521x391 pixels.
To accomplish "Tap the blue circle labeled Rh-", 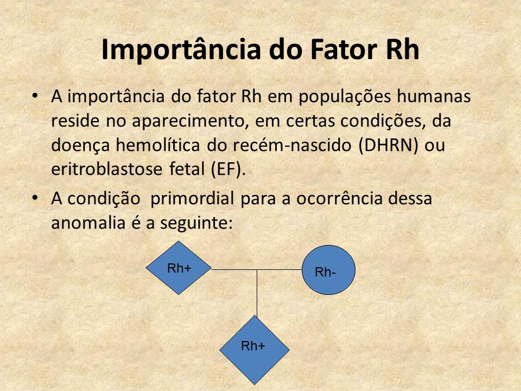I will click(328, 270).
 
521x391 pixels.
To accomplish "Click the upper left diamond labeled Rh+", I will click(179, 268).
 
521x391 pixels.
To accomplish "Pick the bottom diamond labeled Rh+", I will click(254, 345).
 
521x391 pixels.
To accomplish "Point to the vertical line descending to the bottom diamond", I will click(257, 293).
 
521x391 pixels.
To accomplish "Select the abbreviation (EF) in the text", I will click(228, 169).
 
